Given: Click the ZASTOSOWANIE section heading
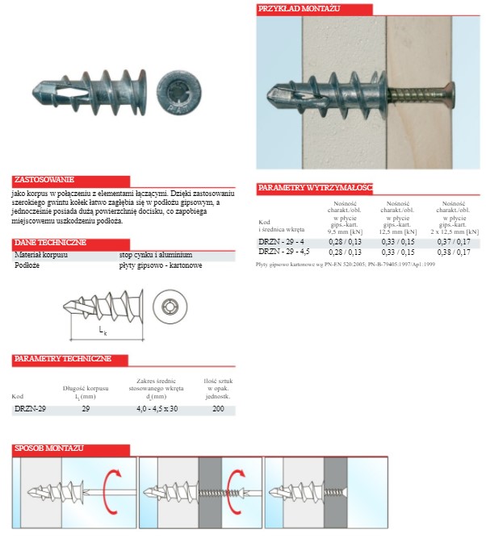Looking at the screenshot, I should (44, 180).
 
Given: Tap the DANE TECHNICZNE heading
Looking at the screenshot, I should (51, 242).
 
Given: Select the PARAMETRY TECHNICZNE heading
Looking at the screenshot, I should (61, 358).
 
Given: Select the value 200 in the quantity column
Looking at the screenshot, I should (218, 409).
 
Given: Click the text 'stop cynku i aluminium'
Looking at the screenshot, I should (156, 254).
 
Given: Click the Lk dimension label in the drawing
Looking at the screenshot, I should (102, 331).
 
